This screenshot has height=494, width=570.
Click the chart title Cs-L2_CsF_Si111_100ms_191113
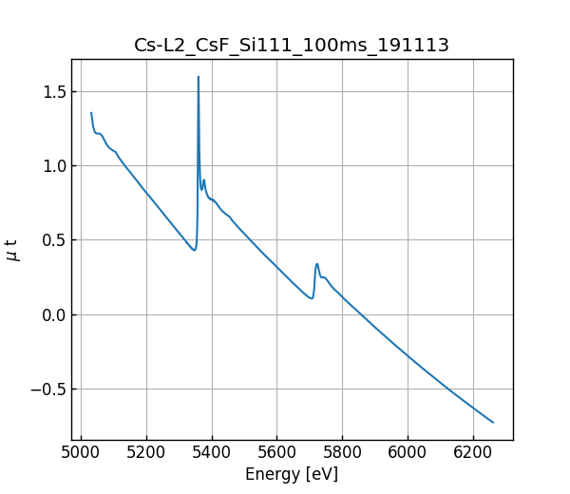292,45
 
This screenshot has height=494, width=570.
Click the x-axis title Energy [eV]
292,474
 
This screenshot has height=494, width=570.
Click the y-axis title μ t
12,250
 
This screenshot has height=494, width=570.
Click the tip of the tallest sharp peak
199,77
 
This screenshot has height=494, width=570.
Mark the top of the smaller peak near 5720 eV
317,264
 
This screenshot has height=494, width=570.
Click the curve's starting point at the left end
91,113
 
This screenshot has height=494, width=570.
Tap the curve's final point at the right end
493,422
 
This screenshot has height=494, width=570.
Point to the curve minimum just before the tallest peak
194,251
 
